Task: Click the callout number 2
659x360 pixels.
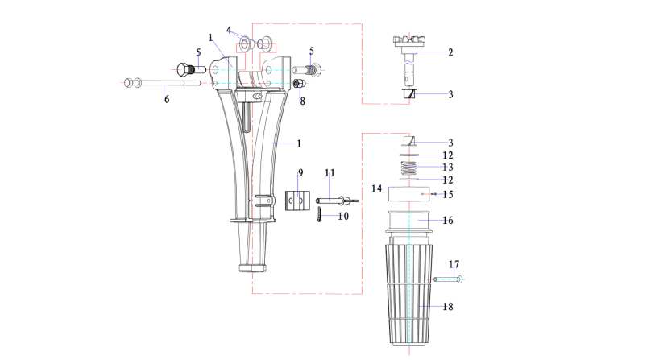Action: coord(450,52)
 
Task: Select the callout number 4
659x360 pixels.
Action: coord(230,31)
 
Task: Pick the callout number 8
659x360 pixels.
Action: coord(303,101)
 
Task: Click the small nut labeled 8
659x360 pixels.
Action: coord(297,84)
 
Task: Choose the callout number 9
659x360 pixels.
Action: coord(300,172)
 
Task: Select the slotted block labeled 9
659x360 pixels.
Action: coord(296,198)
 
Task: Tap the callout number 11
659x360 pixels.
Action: coord(329,173)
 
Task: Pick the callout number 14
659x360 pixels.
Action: coord(376,188)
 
